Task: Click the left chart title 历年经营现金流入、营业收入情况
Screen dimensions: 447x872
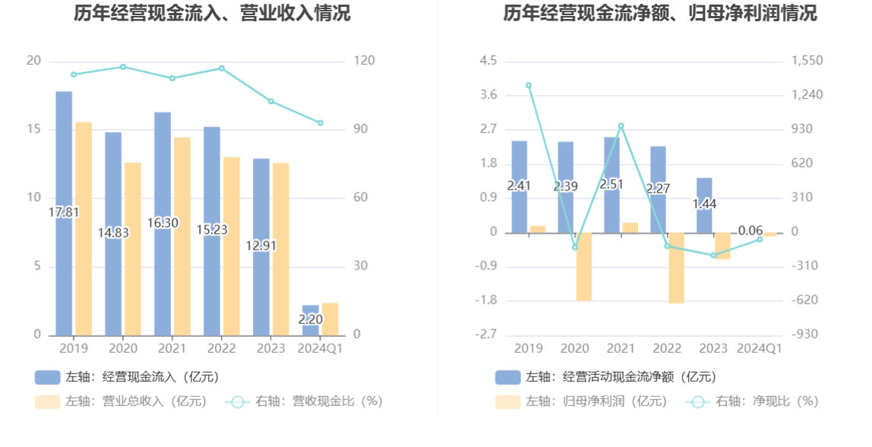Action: tap(212, 13)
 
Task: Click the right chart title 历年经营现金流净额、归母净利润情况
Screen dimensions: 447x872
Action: tap(660, 13)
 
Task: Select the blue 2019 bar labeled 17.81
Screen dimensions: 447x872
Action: tap(64, 213)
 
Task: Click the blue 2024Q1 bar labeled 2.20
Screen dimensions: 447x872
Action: tap(310, 320)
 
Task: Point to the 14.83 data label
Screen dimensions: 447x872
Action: tap(113, 233)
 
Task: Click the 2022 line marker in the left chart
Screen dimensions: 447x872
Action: tap(222, 68)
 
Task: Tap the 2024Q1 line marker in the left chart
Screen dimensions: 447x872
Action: tap(320, 123)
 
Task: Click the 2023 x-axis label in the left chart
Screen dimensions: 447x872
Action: tap(270, 348)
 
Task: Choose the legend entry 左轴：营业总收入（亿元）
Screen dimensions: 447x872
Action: tap(122, 401)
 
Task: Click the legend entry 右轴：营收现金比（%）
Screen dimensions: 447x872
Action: tap(304, 401)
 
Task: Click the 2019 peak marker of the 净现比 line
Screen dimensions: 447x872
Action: tap(529, 86)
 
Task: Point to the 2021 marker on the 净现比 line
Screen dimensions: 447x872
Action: tap(621, 126)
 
